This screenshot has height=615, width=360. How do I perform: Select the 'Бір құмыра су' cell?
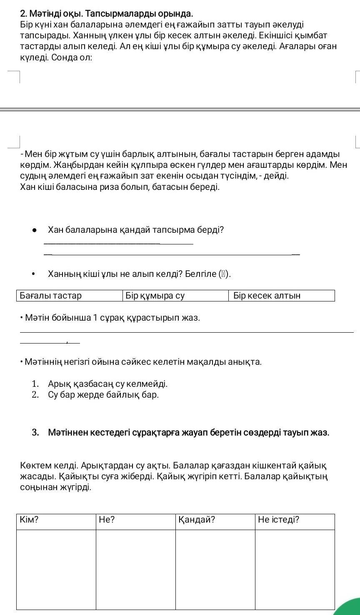tap(175, 296)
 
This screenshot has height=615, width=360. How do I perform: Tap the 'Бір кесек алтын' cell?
tap(281, 296)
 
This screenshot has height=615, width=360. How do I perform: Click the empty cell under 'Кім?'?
tap(56, 569)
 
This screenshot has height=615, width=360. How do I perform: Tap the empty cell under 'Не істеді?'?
tap(295, 569)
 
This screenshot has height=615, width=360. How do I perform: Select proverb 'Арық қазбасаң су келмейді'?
tap(107, 383)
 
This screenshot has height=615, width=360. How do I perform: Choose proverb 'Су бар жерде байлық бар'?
tap(103, 394)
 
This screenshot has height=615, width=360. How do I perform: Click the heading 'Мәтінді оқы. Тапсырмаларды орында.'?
tap(107, 15)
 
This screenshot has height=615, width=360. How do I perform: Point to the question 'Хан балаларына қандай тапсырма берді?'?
tap(136, 230)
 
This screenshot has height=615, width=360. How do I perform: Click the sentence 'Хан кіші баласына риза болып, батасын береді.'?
tap(120, 187)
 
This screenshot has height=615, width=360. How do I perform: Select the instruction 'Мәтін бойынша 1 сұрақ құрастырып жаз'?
tap(112, 318)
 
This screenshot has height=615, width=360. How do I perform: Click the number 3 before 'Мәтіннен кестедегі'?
tap(35, 432)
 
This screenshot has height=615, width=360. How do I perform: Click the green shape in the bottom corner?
tap(346, 608)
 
